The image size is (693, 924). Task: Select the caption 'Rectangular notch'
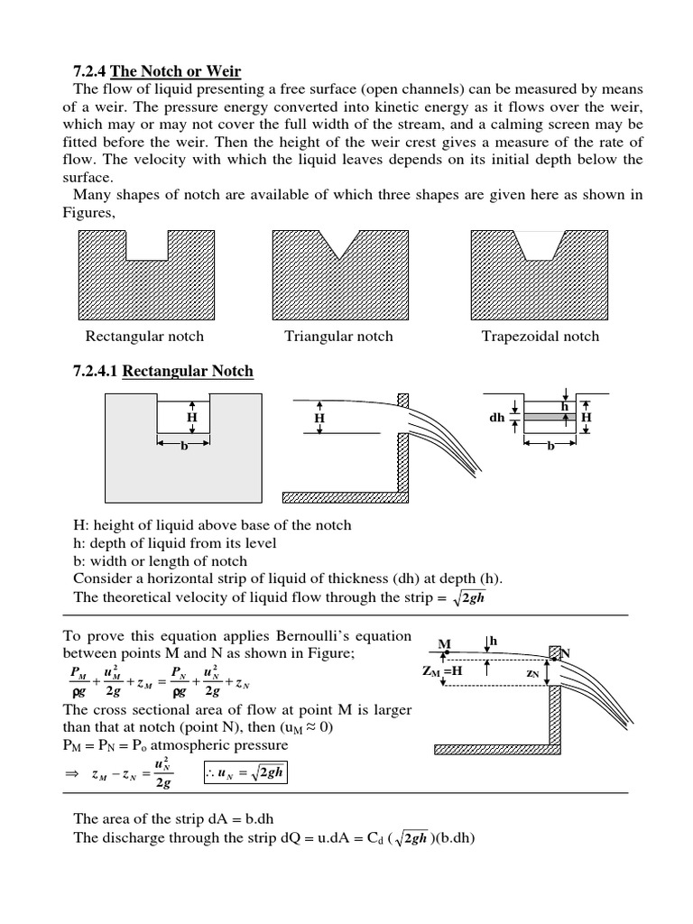point(144,337)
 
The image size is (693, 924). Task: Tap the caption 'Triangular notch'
point(338,337)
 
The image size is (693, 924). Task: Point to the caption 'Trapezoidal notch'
point(540,337)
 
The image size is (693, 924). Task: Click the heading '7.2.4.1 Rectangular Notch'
point(162,372)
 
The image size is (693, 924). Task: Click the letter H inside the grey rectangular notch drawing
point(191,419)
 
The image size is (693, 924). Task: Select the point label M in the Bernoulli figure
point(443,643)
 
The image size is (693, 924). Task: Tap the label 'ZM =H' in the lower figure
point(441,672)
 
